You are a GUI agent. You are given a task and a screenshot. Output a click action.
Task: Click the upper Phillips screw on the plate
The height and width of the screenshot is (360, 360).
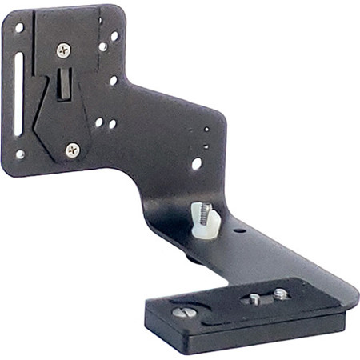pyautogui.click(x=64, y=50)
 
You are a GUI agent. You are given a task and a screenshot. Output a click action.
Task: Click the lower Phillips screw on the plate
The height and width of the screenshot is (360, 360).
pyautogui.click(x=73, y=150)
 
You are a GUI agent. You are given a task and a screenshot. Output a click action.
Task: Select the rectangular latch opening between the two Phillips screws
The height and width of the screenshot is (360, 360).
pyautogui.click(x=62, y=83)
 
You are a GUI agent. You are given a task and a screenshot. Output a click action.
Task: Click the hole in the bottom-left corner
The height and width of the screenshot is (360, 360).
pyautogui.click(x=20, y=154)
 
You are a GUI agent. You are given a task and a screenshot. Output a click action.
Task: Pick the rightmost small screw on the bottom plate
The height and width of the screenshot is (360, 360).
pyautogui.click(x=281, y=294)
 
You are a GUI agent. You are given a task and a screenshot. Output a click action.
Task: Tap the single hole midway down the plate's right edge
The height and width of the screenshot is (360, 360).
pyautogui.click(x=113, y=80)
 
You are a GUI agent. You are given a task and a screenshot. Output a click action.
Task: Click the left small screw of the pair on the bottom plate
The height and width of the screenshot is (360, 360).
pyautogui.click(x=254, y=299)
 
